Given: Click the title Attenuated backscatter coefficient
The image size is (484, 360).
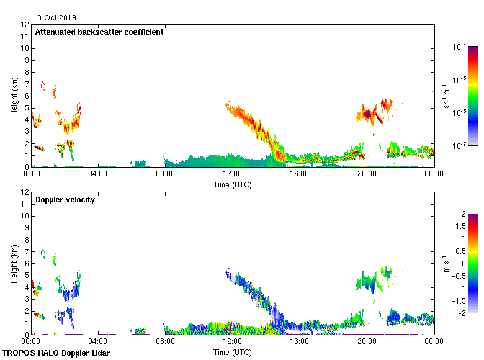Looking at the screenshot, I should tap(99, 32).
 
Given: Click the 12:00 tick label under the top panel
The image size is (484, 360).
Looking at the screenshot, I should tap(232, 174).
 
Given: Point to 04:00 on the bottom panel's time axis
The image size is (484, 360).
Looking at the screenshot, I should tap(98, 341).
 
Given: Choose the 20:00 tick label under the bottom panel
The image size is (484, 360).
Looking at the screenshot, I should tap(367, 341).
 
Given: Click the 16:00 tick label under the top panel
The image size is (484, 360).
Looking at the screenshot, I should tap(300, 174).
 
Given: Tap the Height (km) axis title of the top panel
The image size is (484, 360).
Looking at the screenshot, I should tap(14, 96).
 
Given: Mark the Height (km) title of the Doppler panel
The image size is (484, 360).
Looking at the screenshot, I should tap(14, 264).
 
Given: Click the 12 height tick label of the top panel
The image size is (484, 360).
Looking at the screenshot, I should tap(25, 25).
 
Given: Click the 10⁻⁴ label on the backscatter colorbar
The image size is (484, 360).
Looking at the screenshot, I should tap(460, 47).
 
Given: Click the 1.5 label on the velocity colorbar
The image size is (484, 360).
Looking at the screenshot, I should tap(462, 227).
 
